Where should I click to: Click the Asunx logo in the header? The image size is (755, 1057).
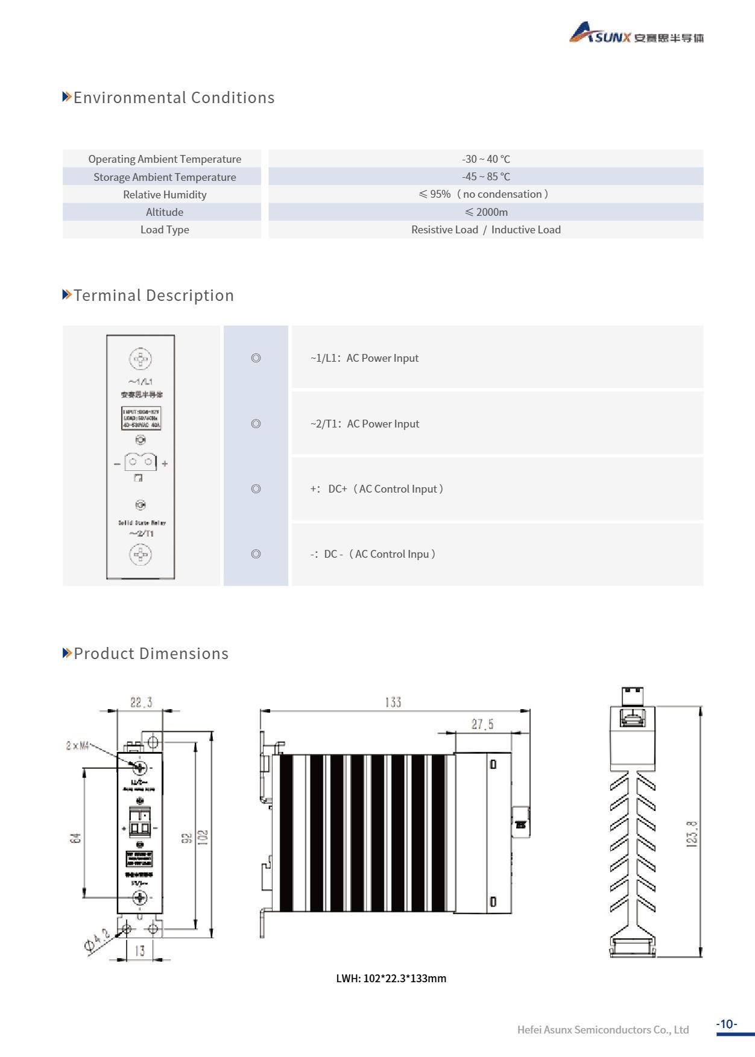tap(636, 34)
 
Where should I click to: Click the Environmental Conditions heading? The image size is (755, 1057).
tap(174, 98)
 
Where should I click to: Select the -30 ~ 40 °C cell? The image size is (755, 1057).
tap(485, 159)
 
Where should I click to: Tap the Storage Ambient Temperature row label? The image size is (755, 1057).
tap(164, 177)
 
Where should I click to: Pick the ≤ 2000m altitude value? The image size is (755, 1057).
tap(485, 212)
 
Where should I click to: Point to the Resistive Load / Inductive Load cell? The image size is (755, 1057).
tap(485, 230)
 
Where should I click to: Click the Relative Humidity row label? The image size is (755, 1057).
tap(164, 195)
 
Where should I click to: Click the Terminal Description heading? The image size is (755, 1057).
tap(153, 295)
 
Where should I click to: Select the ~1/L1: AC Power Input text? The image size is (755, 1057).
tap(364, 358)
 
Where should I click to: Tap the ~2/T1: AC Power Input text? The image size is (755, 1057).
tap(364, 424)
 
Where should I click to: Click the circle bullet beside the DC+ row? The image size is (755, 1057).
tap(256, 489)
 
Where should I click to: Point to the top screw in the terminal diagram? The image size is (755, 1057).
tap(141, 359)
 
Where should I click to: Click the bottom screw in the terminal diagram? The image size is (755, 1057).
tap(141, 554)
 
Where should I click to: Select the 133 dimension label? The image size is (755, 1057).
tap(393, 702)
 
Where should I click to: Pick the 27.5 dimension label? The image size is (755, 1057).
tap(482, 724)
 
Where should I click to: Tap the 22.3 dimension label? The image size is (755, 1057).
tap(141, 702)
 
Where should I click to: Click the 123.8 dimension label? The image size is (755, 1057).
tap(692, 834)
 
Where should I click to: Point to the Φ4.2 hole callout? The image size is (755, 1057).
tap(97, 941)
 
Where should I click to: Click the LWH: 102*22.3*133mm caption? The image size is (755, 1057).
tap(391, 978)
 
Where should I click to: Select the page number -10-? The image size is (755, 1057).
tap(727, 1024)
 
